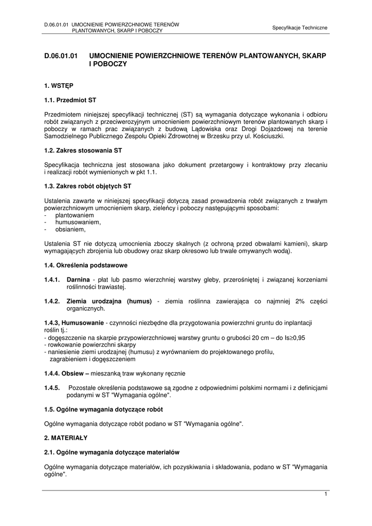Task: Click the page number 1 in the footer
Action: pos(326,494)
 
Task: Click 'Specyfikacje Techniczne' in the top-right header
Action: pos(300,27)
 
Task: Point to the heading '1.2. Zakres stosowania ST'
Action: pos(83,151)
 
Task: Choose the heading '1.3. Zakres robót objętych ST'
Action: pos(88,187)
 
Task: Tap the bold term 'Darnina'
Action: pos(79,280)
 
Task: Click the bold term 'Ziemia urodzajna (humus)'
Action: pos(109,302)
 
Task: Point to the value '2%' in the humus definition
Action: pos(300,302)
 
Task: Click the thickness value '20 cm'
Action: pos(249,337)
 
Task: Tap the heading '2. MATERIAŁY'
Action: pos(66,438)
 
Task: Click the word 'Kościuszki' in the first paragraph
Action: pos(267,136)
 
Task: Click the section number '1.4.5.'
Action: pos(52,388)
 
